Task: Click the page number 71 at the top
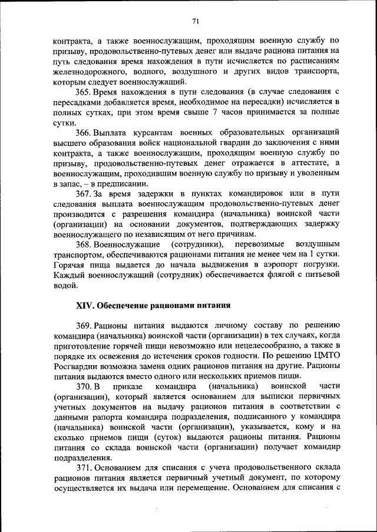point(196,21)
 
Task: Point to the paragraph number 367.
point(83,193)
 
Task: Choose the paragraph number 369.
point(83,326)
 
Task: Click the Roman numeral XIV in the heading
point(85,305)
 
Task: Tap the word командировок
point(258,193)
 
